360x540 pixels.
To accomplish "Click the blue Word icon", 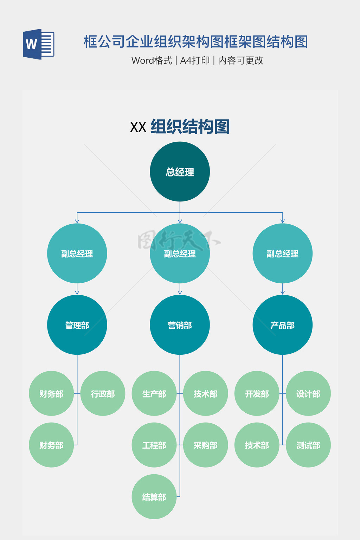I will click(x=38, y=44).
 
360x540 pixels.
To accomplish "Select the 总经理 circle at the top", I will click(x=180, y=172).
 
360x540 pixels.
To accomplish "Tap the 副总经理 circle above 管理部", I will click(x=77, y=253).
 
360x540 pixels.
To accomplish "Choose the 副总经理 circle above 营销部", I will click(x=180, y=253).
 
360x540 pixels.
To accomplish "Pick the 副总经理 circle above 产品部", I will click(x=282, y=253).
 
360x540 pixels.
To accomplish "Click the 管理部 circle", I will click(x=77, y=325).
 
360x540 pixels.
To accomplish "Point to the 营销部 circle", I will click(x=180, y=325).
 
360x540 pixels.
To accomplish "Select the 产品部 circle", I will click(x=282, y=325).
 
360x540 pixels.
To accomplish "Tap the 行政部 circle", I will click(x=103, y=393).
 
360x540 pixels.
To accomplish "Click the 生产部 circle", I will click(x=154, y=393).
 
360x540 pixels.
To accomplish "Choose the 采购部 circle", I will click(x=205, y=445).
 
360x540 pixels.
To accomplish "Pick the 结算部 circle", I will click(x=154, y=496).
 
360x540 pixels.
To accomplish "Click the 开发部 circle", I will click(x=257, y=393).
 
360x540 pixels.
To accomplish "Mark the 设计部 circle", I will click(x=308, y=393).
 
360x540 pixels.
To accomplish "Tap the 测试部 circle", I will click(x=308, y=445).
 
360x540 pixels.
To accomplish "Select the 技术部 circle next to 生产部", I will click(x=205, y=393).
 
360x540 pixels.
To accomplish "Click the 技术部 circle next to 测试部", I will click(x=257, y=445).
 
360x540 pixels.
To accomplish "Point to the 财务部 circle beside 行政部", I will click(x=51, y=393).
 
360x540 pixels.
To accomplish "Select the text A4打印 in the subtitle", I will click(x=195, y=60).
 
